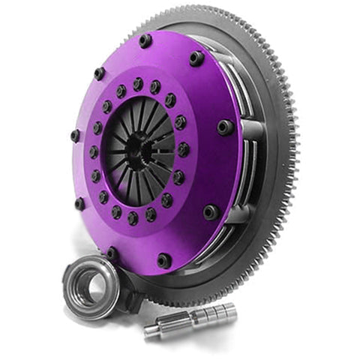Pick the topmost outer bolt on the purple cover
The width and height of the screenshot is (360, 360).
point(145,40)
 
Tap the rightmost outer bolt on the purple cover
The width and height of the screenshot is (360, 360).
point(225,127)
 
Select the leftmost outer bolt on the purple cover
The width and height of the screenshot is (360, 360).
point(75,135)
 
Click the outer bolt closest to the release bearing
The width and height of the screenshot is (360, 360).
point(112,253)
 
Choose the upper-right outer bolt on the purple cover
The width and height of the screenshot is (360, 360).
point(196,58)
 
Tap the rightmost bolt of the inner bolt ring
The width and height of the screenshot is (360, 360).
point(184,149)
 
